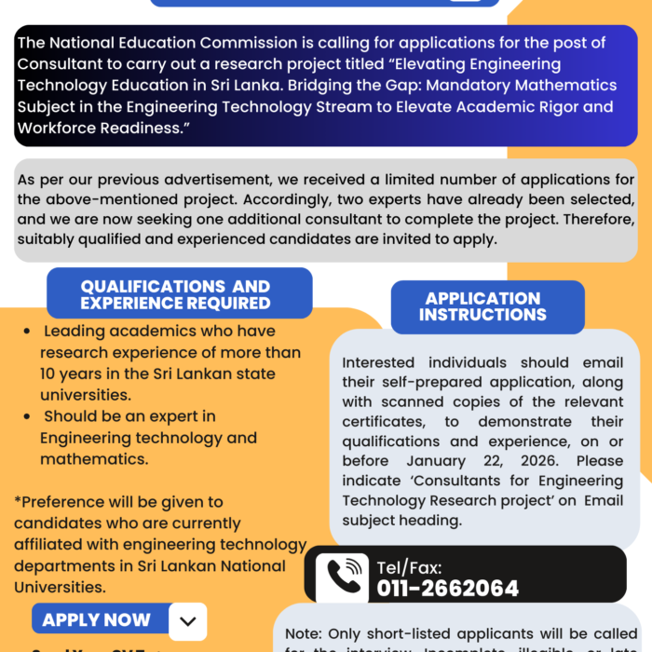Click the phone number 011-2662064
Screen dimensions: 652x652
tap(447, 588)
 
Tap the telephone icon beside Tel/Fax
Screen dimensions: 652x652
tap(342, 577)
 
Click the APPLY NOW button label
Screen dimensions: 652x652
tap(96, 619)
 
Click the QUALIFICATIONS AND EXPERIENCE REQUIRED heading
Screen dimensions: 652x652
tap(175, 294)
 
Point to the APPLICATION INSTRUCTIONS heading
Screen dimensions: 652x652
tap(482, 306)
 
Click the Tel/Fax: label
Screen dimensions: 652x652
tap(409, 566)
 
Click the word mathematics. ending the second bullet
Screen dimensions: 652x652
tap(93, 459)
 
